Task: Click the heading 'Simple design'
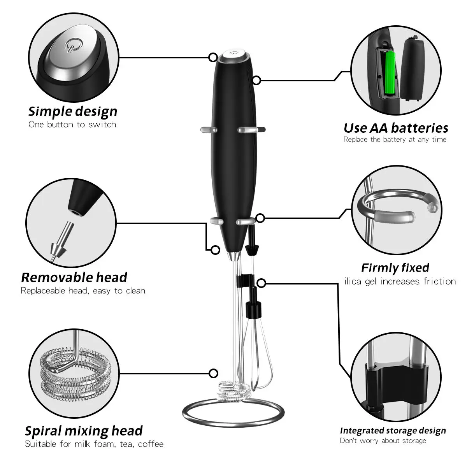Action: pyautogui.click(x=73, y=111)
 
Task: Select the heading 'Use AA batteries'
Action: pyautogui.click(x=396, y=128)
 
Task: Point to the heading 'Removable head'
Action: pyautogui.click(x=74, y=277)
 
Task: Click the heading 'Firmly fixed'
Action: pyautogui.click(x=395, y=267)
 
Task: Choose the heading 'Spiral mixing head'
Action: pyautogui.click(x=84, y=431)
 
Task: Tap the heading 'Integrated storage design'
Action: pyautogui.click(x=393, y=430)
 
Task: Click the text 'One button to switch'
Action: pyautogui.click(x=72, y=125)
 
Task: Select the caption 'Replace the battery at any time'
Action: pyautogui.click(x=395, y=139)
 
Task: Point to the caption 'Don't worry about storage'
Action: pyautogui.click(x=383, y=441)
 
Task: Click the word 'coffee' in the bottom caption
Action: pyautogui.click(x=151, y=444)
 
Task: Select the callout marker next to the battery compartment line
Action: pyautogui.click(x=256, y=80)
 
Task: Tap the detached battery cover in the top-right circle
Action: pyautogui.click(x=413, y=68)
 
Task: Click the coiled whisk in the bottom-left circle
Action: pyautogui.click(x=74, y=374)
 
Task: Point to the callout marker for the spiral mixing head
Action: pyautogui.click(x=213, y=373)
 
